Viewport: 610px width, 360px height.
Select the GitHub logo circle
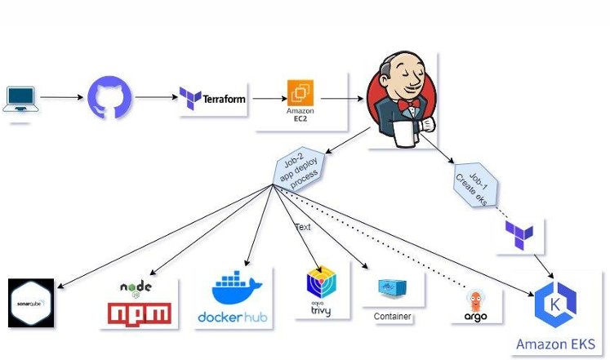tap(109, 97)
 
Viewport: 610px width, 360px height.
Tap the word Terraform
tap(225, 99)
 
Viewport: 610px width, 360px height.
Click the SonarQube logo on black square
tap(31, 304)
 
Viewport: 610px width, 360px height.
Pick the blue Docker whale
tap(237, 290)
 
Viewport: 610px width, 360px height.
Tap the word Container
tap(392, 316)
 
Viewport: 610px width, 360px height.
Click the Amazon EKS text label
tap(555, 344)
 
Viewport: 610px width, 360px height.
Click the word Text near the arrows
tap(303, 227)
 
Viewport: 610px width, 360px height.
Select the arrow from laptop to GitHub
tap(61, 98)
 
